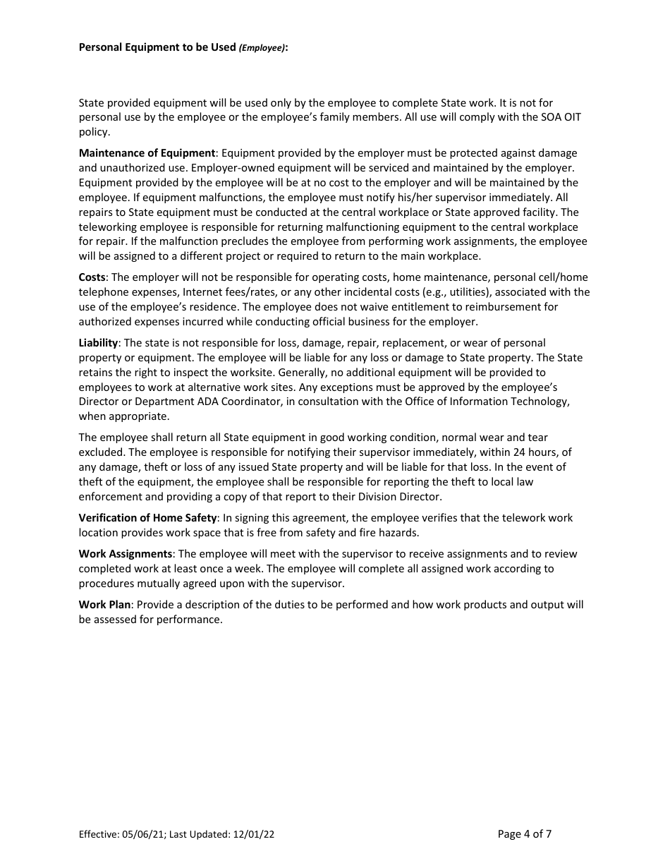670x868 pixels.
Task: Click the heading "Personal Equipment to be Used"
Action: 157,47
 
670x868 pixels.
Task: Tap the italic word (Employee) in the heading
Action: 262,48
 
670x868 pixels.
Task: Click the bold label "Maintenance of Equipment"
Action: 147,153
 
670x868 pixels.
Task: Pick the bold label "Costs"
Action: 92,277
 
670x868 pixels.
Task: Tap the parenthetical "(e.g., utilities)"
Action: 464,292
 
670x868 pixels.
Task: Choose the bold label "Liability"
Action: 98,343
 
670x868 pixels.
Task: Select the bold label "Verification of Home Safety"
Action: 148,518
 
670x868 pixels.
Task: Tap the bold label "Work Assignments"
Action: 126,554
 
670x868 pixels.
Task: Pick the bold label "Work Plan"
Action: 104,605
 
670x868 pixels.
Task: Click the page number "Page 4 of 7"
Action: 524,834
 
